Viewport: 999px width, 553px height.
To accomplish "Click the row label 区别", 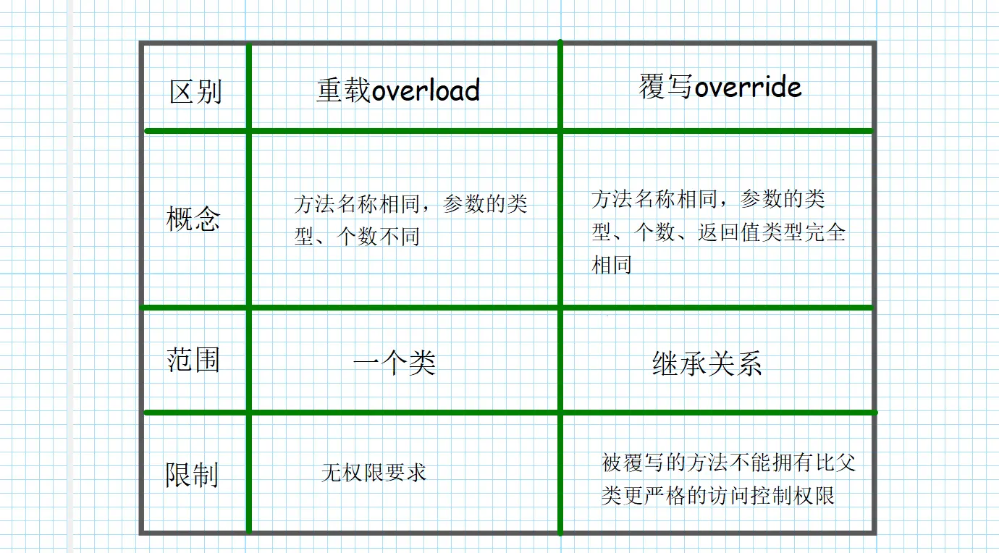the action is click(x=195, y=93).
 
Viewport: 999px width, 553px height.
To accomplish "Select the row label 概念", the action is click(x=193, y=219).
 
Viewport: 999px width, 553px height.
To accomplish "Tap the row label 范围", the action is click(x=193, y=360).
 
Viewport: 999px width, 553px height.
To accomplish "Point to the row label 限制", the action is click(x=192, y=475).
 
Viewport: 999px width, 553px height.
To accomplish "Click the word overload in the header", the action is click(x=426, y=90).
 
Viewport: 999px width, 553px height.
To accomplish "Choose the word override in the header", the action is click(x=748, y=88).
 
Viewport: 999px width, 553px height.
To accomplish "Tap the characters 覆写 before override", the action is click(x=666, y=88).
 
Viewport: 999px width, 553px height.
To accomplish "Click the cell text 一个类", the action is click(x=395, y=363).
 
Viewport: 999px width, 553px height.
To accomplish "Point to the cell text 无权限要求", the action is click(x=374, y=473).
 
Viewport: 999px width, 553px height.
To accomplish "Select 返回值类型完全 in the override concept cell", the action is click(x=772, y=233).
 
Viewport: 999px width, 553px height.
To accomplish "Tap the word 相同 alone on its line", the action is click(x=612, y=265).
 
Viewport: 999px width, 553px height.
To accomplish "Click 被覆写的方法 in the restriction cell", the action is click(x=652, y=462).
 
